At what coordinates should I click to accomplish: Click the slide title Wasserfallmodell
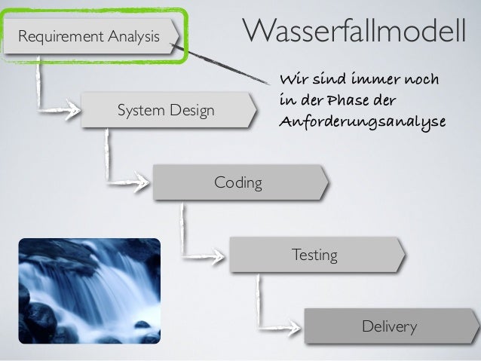tap(354, 32)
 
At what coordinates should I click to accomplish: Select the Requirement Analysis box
tap(90, 35)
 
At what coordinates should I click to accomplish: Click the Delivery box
tap(390, 326)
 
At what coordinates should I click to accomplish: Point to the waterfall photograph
tap(90, 291)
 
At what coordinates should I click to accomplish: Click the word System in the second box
tap(140, 112)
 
